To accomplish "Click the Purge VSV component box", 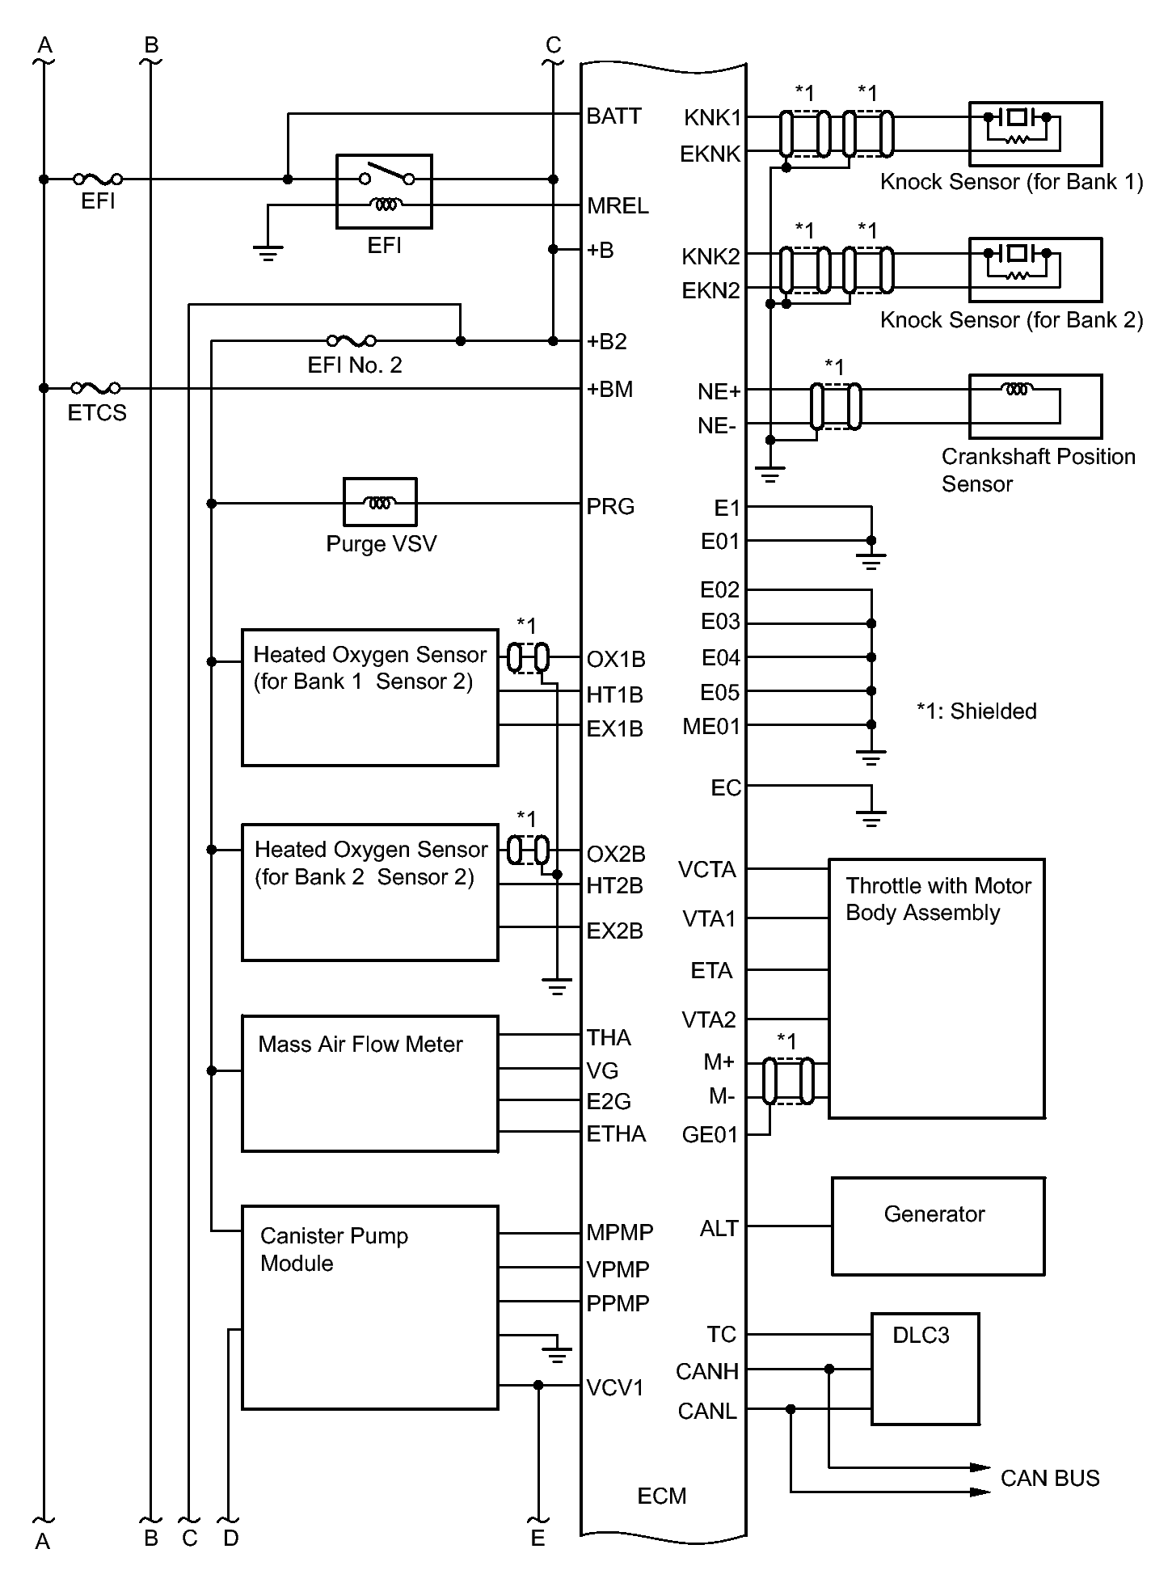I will click(380, 502).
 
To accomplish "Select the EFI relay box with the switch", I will click(384, 192).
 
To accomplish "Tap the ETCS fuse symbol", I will click(96, 388).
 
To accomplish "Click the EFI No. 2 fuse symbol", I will click(351, 340).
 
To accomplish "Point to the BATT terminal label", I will click(613, 116).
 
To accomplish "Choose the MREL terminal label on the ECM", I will click(618, 206).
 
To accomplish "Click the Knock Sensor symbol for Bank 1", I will click(1035, 133).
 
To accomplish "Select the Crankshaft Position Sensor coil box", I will click(1035, 406).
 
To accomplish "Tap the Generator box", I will click(938, 1226).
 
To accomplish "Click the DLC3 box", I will click(925, 1368).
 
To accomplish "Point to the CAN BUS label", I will click(1049, 1478).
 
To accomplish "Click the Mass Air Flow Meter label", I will click(360, 1045).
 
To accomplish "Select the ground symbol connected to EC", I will click(871, 818).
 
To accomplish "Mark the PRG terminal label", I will click(610, 507).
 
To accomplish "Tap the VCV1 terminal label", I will click(615, 1388).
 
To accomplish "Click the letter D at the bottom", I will click(231, 1538).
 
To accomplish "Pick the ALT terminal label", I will click(719, 1229).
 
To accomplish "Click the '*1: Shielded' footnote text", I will click(976, 711).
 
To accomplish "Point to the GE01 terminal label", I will click(710, 1135).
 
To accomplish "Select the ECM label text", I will click(661, 1496).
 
